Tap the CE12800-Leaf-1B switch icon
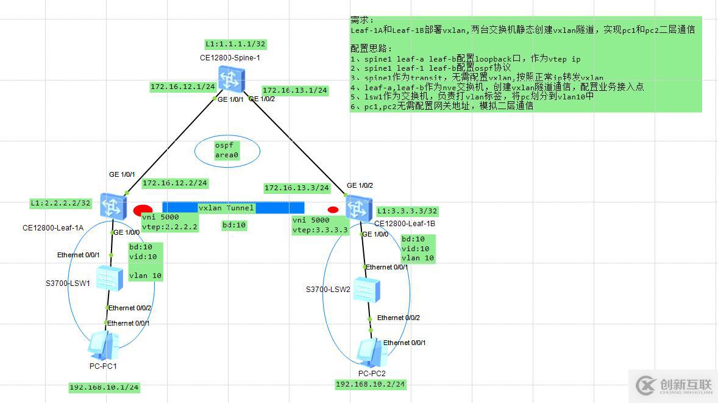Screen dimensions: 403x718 point(357,208)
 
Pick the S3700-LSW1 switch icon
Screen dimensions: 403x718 point(111,278)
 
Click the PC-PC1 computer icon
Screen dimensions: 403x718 point(102,346)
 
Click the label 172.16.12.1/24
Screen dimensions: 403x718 point(182,87)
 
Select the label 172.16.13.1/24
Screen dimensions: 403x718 point(294,90)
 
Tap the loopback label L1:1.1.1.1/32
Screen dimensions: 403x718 point(235,44)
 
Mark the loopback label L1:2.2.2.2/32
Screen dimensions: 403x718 point(60,202)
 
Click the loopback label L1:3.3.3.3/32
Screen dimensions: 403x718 point(407,211)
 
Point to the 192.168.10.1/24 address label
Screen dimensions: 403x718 point(104,387)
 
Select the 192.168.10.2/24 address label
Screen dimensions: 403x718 point(371,384)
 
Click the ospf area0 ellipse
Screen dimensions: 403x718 point(227,151)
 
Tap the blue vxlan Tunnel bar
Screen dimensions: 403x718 point(233,208)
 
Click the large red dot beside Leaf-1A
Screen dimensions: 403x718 point(143,210)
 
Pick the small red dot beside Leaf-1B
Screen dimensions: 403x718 point(333,210)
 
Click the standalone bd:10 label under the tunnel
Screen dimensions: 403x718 point(233,225)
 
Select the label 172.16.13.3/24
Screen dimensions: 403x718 point(296,188)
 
